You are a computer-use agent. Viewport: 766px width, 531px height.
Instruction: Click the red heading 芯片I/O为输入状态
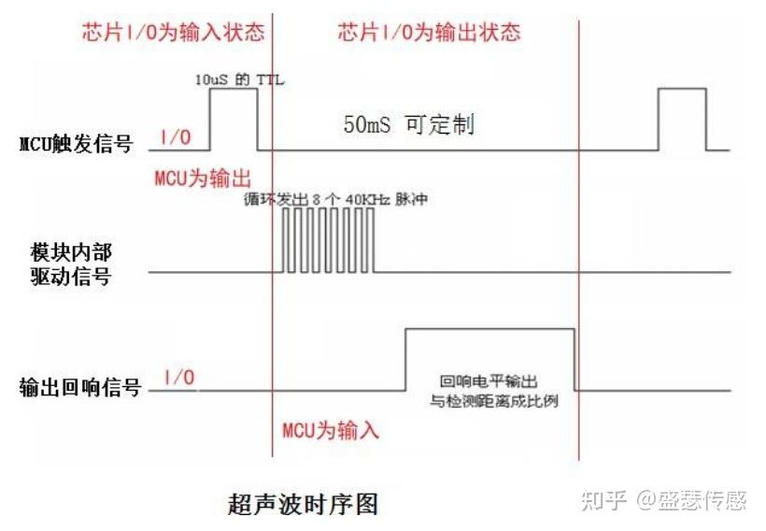(171, 32)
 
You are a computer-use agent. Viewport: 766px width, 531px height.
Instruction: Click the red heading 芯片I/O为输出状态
(429, 32)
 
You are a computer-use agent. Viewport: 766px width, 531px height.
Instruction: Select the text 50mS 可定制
(408, 125)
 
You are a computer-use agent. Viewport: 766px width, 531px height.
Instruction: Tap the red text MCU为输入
(331, 431)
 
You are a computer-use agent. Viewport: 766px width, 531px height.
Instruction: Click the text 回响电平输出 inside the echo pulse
(489, 381)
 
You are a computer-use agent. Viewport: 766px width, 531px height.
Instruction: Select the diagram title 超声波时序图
(304, 504)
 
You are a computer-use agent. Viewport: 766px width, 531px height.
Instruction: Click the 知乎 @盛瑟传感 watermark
(663, 500)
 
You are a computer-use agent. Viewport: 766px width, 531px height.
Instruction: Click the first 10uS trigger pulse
(233, 119)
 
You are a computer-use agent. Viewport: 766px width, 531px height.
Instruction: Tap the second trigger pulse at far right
(682, 119)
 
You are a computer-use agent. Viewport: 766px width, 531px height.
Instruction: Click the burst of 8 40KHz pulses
(327, 240)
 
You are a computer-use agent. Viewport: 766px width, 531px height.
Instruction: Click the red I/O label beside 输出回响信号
(179, 378)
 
